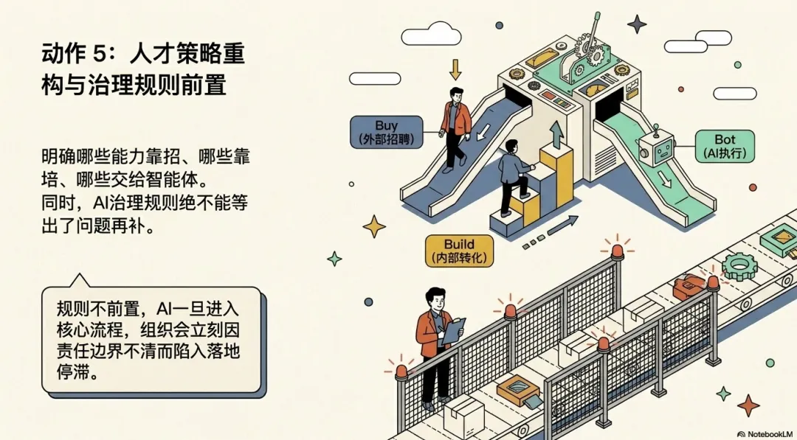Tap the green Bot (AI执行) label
[x=725, y=146]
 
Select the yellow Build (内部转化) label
[x=459, y=251]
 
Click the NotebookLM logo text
[x=765, y=434]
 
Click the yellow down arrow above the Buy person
[x=455, y=69]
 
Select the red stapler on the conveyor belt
[x=690, y=285]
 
